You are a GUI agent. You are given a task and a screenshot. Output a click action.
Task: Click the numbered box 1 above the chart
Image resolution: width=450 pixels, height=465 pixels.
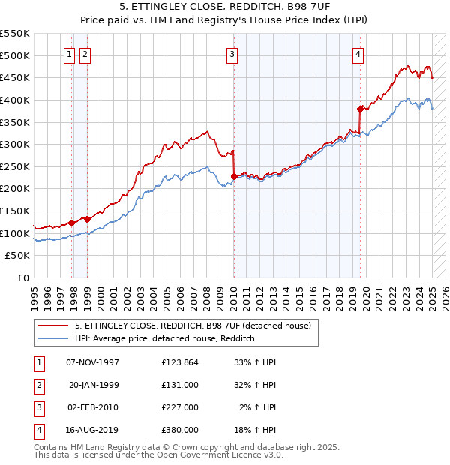click(x=68, y=54)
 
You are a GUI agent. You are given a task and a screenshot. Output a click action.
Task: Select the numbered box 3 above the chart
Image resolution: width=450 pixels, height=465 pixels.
click(x=232, y=54)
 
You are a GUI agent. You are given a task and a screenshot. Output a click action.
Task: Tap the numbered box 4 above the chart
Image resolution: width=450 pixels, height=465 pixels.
click(x=358, y=54)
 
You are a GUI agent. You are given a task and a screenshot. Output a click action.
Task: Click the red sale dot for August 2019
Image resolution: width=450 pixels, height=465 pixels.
click(x=361, y=109)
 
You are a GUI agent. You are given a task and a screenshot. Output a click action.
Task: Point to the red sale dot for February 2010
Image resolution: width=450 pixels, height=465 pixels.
click(x=234, y=176)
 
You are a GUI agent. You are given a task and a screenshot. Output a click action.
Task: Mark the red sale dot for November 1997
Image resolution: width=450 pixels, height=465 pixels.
click(x=72, y=222)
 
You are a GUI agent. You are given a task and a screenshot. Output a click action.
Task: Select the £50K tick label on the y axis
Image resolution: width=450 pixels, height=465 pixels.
click(x=18, y=256)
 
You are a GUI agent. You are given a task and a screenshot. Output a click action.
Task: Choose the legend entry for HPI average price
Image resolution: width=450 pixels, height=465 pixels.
click(x=165, y=339)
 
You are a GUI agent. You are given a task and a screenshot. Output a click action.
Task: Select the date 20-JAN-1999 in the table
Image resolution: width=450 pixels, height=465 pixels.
click(x=94, y=385)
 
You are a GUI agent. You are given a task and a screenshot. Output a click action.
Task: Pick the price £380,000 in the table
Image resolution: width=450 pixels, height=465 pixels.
click(x=180, y=430)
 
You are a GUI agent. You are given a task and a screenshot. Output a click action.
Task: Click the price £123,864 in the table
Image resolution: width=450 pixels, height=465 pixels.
click(x=180, y=362)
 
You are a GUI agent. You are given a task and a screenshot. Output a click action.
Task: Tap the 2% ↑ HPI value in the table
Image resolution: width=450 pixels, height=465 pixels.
click(x=259, y=407)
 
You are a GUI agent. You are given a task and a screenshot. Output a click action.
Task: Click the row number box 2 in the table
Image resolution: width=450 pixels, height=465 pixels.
click(x=38, y=385)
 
